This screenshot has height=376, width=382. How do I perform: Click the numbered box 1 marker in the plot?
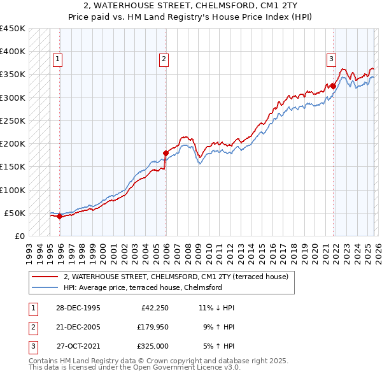pos(57,59)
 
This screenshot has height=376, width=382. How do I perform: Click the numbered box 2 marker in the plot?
pos(164,59)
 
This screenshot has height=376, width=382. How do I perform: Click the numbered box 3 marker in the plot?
pos(331,59)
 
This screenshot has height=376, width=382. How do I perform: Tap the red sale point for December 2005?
pos(166,153)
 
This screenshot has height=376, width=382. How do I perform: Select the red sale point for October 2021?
pos(333,86)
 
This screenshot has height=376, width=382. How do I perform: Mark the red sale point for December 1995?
pos(59,216)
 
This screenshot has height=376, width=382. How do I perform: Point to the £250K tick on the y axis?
pos(13,120)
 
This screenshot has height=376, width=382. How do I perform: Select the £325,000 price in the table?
pos(153,346)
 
